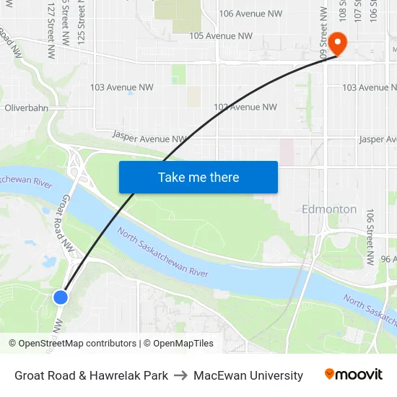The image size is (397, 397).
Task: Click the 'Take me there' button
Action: coord(198,177)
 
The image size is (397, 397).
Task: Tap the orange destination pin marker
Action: coord(337,43)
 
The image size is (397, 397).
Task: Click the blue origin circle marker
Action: coord(61,297)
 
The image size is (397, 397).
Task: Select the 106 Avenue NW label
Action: coord(250,14)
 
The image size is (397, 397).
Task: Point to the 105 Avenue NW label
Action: coord(220,35)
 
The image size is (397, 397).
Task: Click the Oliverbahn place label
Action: coord(26,108)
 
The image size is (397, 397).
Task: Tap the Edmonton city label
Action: coord(329,209)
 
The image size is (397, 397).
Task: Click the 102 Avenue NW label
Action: coord(245,107)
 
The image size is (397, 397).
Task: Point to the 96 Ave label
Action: coord(388,259)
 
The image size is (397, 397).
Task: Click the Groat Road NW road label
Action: coord(68,224)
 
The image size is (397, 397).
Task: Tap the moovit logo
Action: coord(354,375)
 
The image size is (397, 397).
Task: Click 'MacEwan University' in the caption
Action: coord(248,375)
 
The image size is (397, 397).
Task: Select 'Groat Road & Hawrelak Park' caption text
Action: coord(91,375)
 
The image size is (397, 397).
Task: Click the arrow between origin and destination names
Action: coord(180,375)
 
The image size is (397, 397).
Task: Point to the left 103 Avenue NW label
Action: coord(122,87)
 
